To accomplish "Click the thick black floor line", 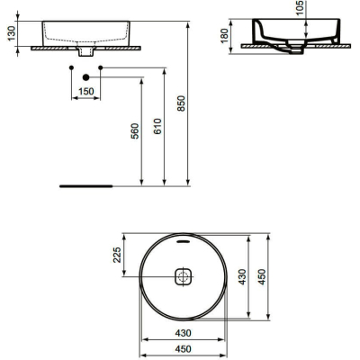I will (x=85, y=187).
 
